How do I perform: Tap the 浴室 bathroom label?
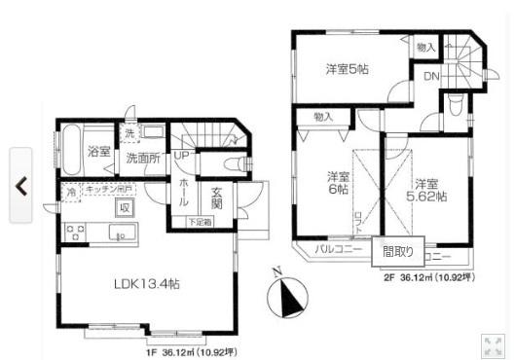98,152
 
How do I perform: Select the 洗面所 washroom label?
142,157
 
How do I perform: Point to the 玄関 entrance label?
217,198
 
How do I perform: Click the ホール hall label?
185,193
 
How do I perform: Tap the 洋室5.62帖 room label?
429,189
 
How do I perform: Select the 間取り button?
397,251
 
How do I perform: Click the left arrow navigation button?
20,184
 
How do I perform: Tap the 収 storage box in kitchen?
125,206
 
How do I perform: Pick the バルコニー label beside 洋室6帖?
337,250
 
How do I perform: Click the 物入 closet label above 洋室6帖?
322,117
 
